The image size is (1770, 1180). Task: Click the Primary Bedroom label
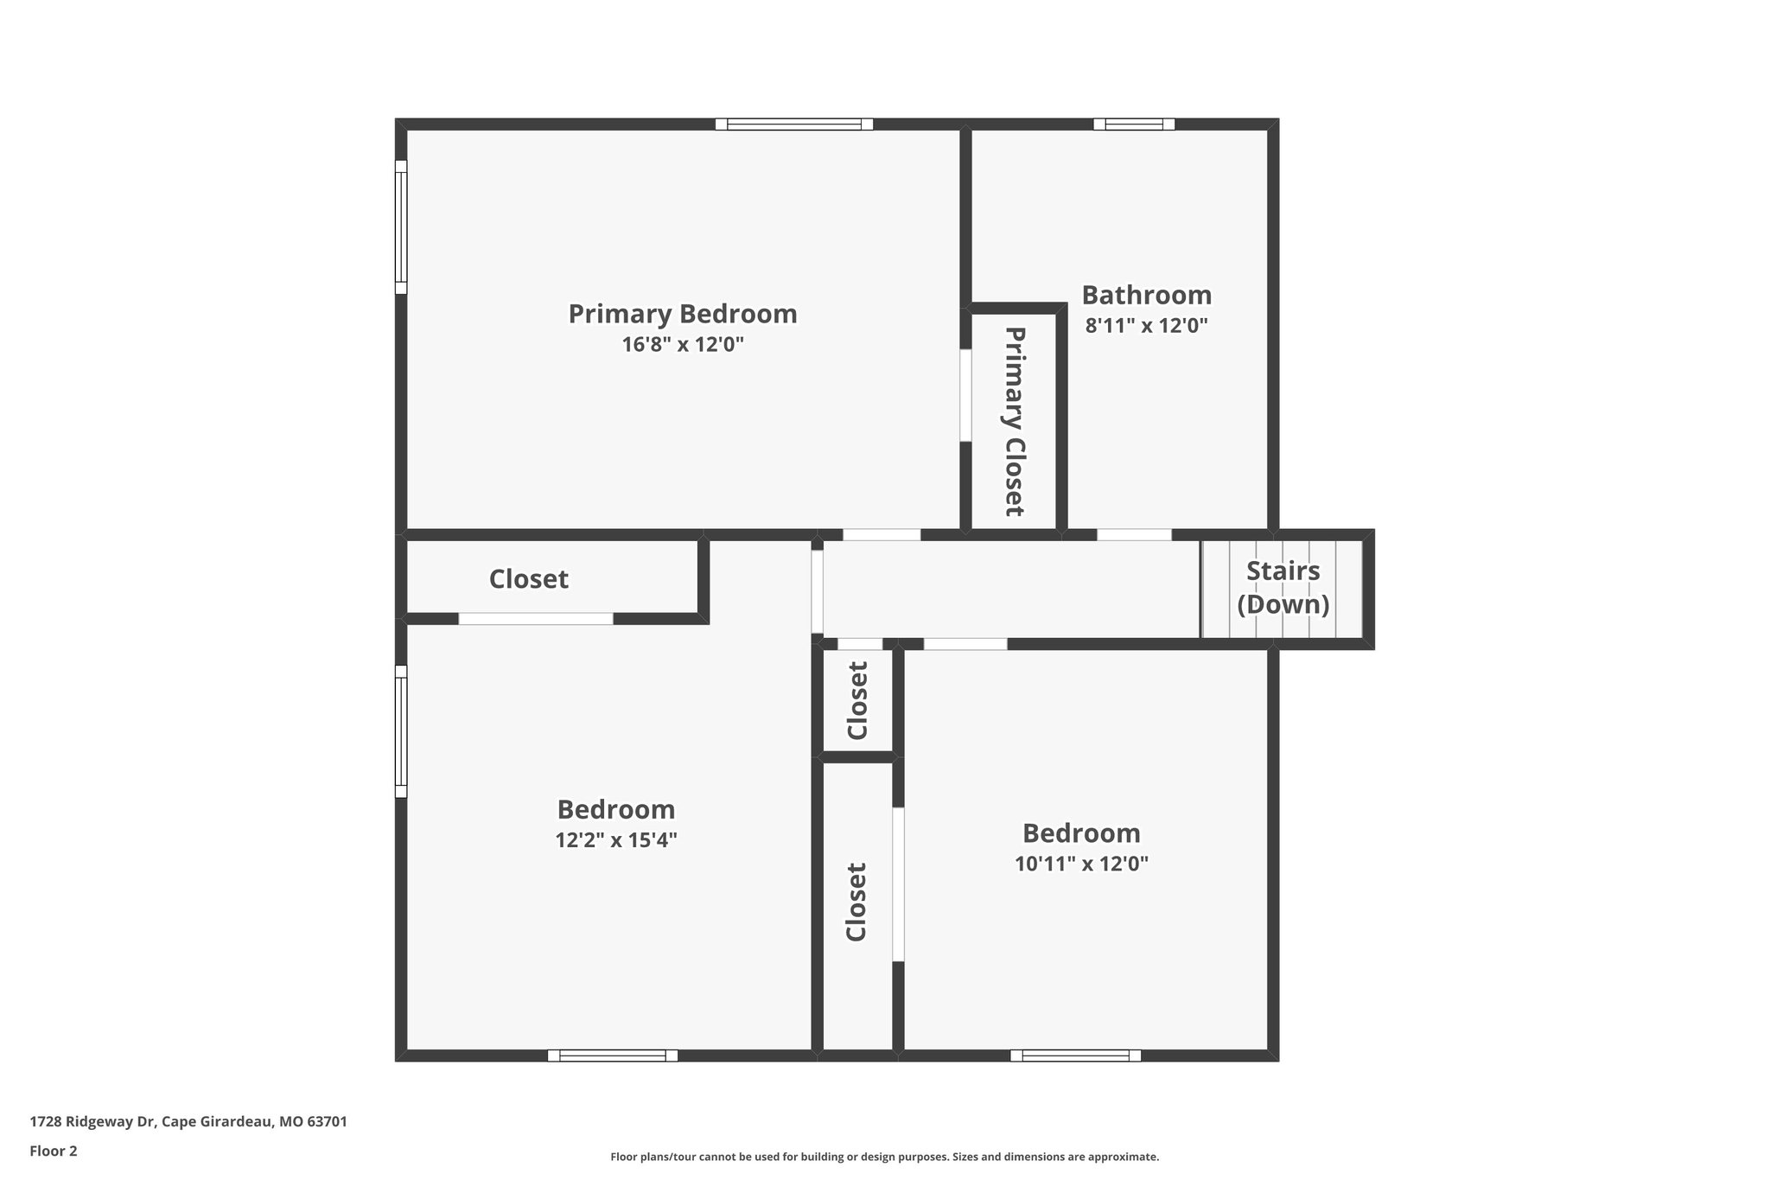tap(682, 314)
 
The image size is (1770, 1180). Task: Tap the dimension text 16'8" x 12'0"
tap(682, 345)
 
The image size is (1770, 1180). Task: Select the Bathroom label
tap(1146, 296)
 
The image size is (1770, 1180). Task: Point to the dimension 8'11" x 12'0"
tap(1146, 326)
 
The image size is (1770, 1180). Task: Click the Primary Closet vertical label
tap(1015, 421)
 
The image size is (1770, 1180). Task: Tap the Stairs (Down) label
tap(1283, 587)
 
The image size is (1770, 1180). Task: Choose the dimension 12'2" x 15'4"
tap(615, 840)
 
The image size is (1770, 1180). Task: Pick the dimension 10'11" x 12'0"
tap(1081, 864)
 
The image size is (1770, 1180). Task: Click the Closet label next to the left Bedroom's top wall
tap(528, 579)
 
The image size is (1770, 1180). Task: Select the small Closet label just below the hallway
tap(856, 700)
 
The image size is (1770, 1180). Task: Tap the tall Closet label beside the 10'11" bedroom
tap(856, 902)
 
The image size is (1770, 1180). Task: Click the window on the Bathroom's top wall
tap(1133, 124)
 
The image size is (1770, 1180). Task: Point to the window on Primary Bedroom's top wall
tap(793, 124)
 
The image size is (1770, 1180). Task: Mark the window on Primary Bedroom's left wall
tap(401, 226)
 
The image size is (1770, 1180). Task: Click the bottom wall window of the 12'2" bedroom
tap(613, 1056)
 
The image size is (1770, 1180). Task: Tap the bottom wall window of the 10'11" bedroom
tap(1075, 1056)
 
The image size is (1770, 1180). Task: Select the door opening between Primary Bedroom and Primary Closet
tap(965, 395)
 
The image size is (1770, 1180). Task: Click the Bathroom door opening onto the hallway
tap(1134, 535)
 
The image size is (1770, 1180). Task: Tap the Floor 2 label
tap(54, 1151)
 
